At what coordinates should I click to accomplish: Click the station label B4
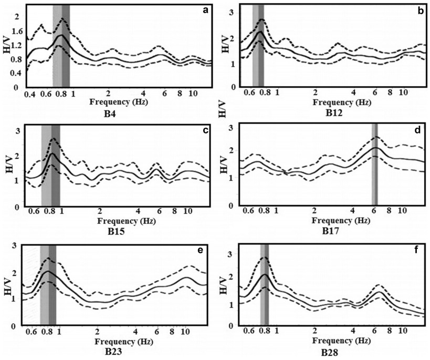click(110, 114)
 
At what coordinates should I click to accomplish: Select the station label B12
click(334, 113)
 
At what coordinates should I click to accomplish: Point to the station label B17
click(330, 231)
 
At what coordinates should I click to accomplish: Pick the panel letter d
click(417, 130)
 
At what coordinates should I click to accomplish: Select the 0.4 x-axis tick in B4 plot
click(30, 95)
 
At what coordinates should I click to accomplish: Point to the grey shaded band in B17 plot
click(374, 164)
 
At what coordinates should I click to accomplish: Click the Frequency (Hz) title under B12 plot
click(342, 102)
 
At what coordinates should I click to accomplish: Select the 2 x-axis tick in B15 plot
click(100, 211)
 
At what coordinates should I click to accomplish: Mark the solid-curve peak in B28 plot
click(265, 274)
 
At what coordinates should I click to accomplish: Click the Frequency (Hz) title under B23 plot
click(124, 342)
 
